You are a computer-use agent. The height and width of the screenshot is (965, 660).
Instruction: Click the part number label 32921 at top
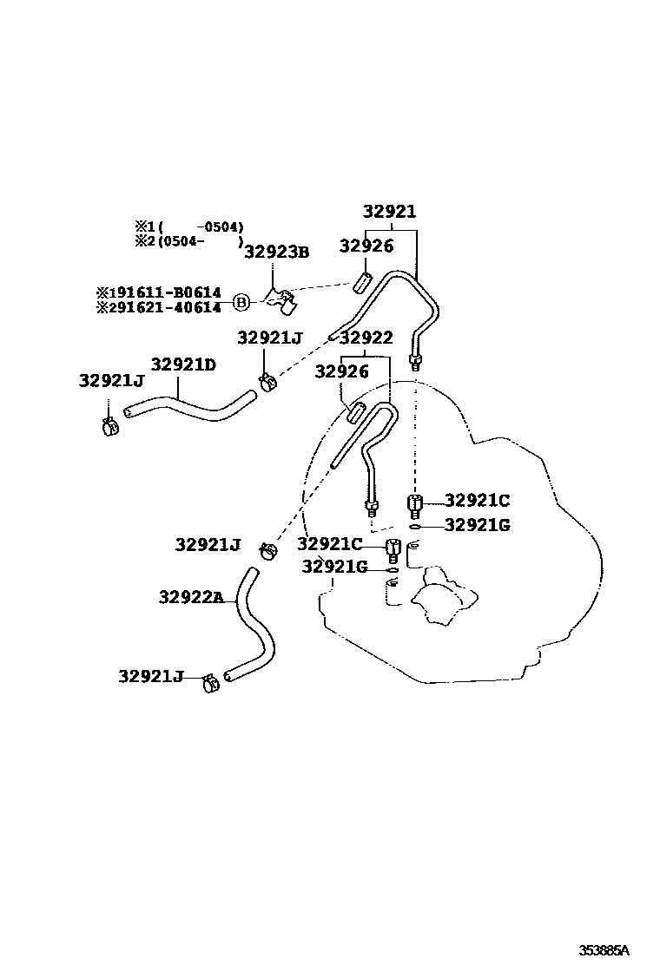(x=389, y=212)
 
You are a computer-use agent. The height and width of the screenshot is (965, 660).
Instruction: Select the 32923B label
(x=276, y=252)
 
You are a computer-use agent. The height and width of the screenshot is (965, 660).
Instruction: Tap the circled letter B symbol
(x=242, y=301)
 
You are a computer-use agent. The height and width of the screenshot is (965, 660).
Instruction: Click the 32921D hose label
(x=183, y=364)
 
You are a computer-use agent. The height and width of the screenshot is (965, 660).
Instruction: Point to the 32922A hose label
(x=191, y=597)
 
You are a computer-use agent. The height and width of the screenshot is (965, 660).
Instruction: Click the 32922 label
(x=366, y=338)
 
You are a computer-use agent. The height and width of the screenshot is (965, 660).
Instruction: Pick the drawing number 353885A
(x=604, y=949)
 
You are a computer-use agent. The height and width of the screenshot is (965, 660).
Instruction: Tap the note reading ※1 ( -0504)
(x=188, y=227)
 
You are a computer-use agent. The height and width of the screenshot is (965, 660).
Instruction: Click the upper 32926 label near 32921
(x=366, y=246)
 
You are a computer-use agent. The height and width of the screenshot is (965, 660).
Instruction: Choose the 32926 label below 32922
(x=342, y=371)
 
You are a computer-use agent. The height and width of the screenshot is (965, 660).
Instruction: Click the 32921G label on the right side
(x=477, y=524)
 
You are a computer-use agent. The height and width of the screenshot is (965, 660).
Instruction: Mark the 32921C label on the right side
(x=477, y=500)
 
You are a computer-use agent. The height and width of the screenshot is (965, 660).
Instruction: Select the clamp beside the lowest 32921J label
(x=210, y=682)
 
